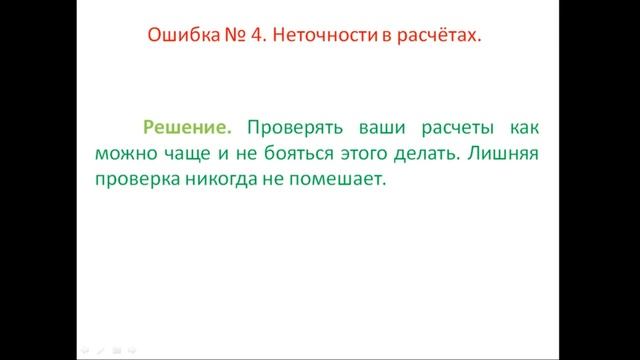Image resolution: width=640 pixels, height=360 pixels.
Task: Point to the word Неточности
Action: pos(324,36)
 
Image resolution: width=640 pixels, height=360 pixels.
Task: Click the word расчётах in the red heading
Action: pos(440,36)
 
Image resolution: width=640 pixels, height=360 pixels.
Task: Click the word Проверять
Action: pos(293,127)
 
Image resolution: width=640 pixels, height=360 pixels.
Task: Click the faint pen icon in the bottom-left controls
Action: pos(101,351)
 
